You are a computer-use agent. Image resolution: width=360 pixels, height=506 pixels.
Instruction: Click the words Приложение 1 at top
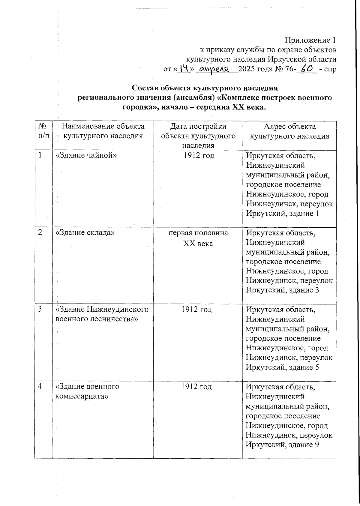(x=310, y=40)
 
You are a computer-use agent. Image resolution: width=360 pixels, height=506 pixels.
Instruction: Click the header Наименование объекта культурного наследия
(x=103, y=131)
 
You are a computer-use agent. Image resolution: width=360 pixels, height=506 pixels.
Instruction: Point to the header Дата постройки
(x=198, y=126)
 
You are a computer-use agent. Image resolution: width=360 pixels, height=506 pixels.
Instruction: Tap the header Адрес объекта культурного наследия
(x=289, y=131)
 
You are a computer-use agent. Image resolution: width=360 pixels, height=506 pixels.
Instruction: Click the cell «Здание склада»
(x=85, y=232)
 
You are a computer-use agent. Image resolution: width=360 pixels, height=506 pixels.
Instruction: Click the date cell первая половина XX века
(x=198, y=238)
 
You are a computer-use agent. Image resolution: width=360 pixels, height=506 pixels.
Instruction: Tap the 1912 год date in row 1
(x=198, y=156)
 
